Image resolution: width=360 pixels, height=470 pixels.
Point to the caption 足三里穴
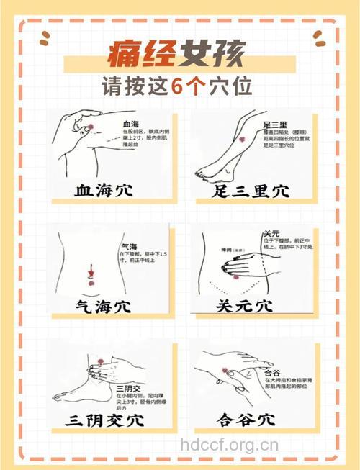(x=251, y=191)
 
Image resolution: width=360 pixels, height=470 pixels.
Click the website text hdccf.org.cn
(x=230, y=444)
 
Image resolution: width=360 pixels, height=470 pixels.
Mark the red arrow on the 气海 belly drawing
(x=91, y=273)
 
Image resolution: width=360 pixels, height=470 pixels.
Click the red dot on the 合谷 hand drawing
(x=225, y=371)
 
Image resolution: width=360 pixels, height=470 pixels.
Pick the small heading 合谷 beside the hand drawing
(x=272, y=373)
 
